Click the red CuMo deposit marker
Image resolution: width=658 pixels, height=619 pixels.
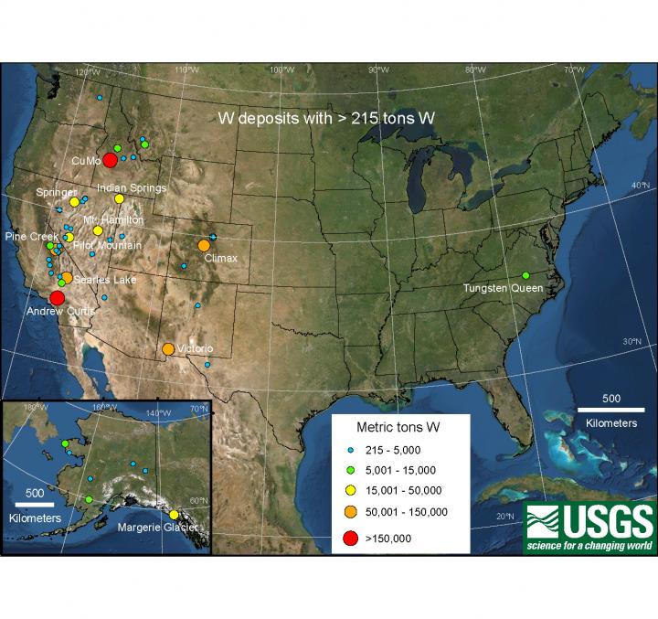point(110,160)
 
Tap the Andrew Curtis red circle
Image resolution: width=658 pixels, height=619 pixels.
point(57,298)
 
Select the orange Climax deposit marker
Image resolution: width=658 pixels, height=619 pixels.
point(204,245)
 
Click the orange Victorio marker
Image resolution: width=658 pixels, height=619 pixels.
point(168,348)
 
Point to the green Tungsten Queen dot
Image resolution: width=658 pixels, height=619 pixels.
point(525,275)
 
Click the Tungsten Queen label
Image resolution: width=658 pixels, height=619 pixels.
point(503,288)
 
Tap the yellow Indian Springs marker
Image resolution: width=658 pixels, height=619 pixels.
point(119,198)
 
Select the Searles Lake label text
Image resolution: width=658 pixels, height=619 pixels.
point(104,280)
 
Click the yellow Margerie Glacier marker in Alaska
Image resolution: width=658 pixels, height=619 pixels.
point(174,515)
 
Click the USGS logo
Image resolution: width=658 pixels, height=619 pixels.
point(589,527)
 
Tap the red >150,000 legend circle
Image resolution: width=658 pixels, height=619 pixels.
point(350,539)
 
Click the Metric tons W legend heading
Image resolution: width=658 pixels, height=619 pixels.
point(400,427)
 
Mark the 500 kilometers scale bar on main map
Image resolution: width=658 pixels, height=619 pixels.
point(610,409)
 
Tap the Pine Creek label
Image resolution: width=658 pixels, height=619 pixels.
point(31,236)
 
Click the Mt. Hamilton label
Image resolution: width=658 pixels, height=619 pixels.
point(113,220)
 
